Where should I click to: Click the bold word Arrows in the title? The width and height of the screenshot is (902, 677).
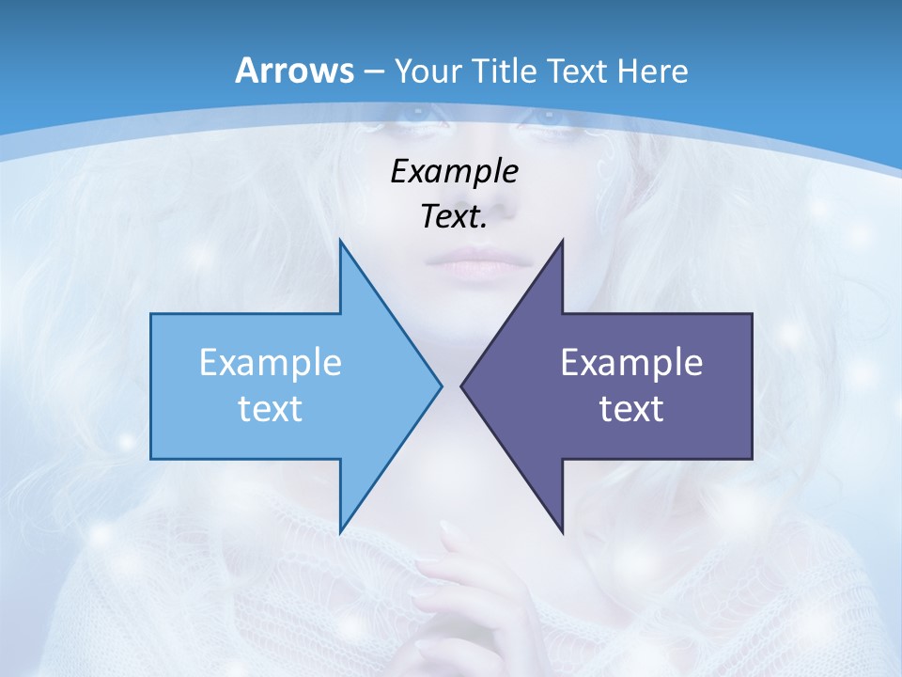294,71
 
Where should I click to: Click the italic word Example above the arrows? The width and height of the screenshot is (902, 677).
454,171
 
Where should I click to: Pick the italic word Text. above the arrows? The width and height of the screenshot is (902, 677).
454,216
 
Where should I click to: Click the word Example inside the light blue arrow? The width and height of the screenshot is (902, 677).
271,362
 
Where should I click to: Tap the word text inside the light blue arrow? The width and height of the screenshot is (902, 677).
271,408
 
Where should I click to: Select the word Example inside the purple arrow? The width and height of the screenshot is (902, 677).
631,362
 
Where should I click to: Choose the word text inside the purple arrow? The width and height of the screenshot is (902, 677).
631,408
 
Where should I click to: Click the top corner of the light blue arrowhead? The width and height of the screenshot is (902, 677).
340,241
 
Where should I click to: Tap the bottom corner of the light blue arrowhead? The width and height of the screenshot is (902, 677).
340,531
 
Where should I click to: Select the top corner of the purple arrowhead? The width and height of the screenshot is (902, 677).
562,241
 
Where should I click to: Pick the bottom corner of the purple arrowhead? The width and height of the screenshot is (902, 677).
562,531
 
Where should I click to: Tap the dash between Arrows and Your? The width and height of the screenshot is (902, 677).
373,71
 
